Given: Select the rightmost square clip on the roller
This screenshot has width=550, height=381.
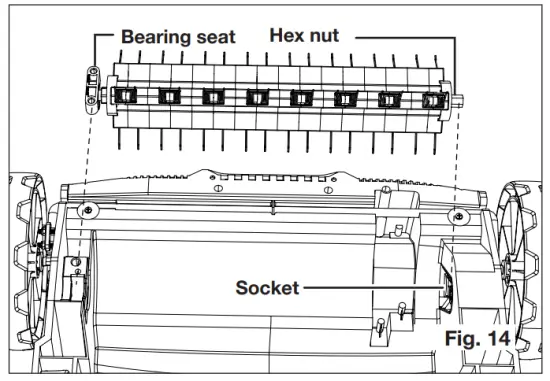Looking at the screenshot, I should [x=432, y=100].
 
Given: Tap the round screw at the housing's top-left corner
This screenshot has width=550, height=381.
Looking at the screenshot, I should [x=88, y=210].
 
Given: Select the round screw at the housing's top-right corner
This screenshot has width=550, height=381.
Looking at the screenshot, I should [x=459, y=215].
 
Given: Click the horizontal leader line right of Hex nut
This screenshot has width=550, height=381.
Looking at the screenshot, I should [x=400, y=36].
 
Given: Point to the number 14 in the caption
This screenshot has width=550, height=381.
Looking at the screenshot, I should [x=494, y=339].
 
